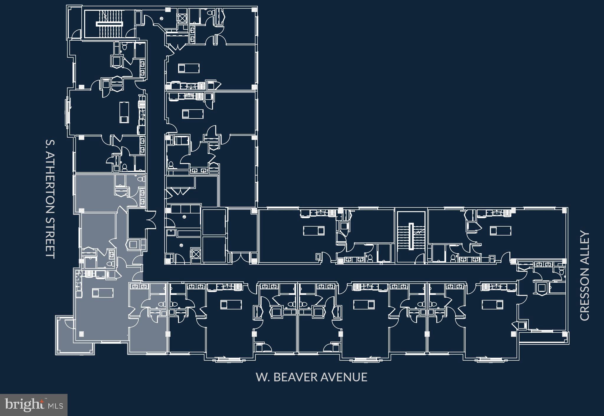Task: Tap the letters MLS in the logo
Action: tap(56, 406)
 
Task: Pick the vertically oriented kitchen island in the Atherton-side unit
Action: tap(124, 112)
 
